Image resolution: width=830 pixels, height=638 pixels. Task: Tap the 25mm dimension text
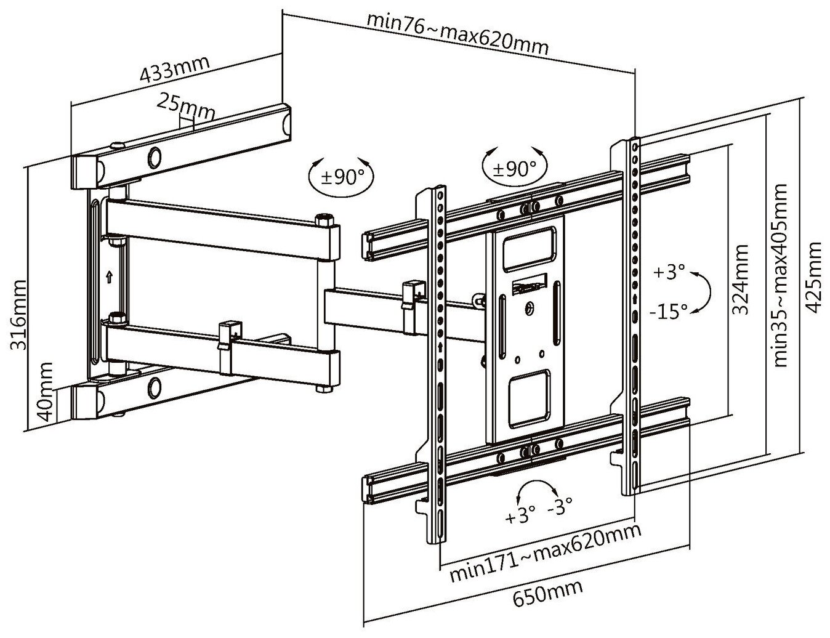[x=185, y=107]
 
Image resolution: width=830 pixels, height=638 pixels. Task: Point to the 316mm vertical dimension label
[x=20, y=315]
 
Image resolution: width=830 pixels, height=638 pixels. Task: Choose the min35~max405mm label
[x=781, y=275]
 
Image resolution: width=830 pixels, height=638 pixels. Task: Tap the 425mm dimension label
[x=814, y=278]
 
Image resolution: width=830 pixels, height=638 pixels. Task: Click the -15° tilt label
[x=668, y=312]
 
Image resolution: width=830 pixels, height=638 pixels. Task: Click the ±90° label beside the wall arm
[x=344, y=177]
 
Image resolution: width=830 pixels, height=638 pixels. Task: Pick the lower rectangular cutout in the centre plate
[x=528, y=398]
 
